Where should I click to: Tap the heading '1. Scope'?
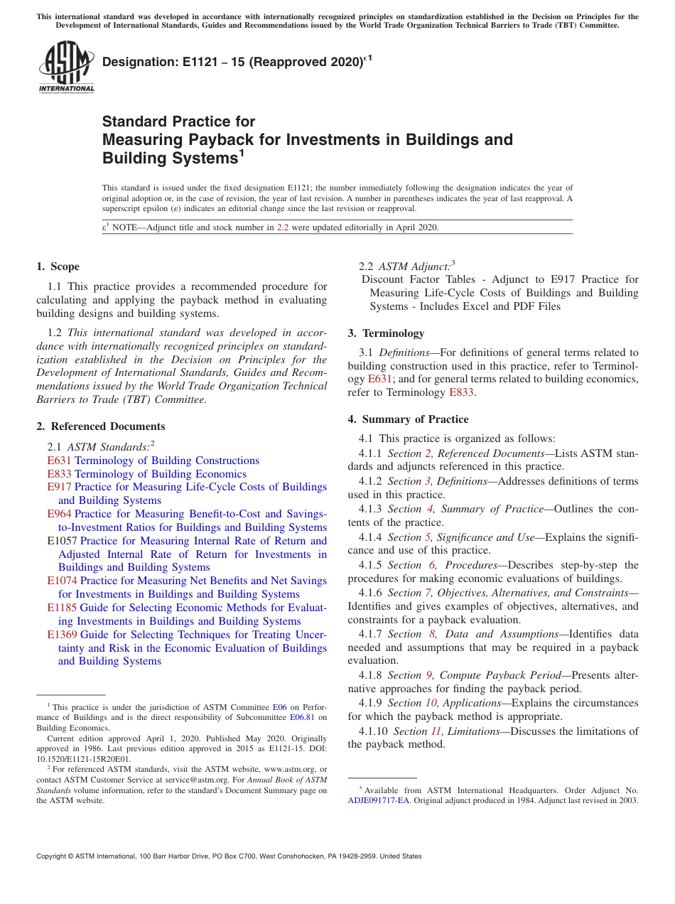[x=58, y=267]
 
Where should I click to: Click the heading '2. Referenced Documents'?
[x=100, y=426]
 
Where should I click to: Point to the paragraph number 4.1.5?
[x=370, y=565]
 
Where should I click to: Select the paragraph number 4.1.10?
[x=373, y=731]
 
